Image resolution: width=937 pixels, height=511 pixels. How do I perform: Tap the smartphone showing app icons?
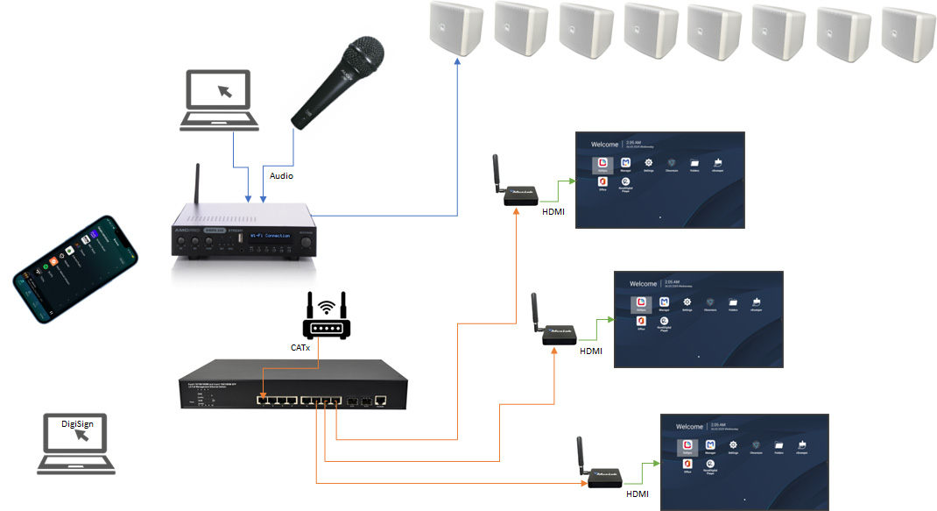point(75,266)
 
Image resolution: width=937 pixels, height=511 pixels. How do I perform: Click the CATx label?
point(300,348)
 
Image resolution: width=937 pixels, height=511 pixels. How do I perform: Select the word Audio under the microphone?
point(281,176)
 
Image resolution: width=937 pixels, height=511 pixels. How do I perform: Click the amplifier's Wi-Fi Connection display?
point(264,235)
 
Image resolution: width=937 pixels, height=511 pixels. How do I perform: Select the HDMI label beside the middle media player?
point(593,351)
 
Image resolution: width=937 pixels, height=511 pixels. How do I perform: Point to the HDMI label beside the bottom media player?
point(638,494)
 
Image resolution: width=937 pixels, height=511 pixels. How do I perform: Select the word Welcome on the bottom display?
point(689,426)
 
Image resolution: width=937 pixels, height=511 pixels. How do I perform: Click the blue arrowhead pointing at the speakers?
point(457,63)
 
